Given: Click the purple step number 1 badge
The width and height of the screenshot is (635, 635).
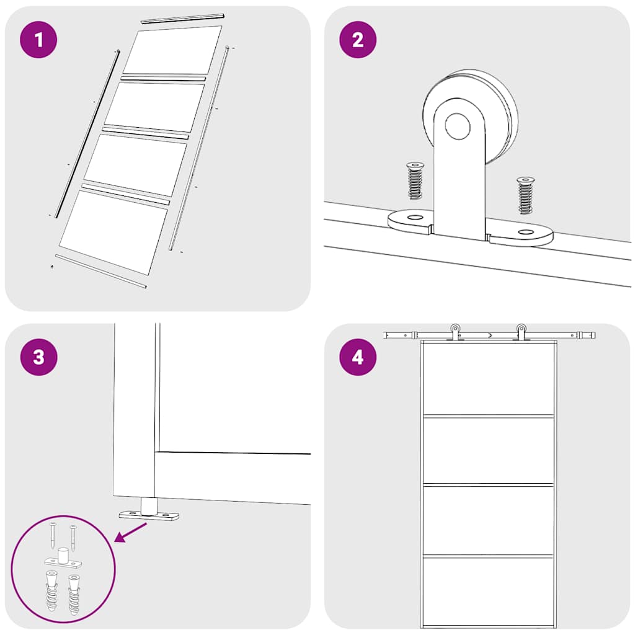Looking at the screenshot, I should pyautogui.click(x=39, y=40).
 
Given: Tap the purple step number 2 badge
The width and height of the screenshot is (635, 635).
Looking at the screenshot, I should pyautogui.click(x=358, y=40).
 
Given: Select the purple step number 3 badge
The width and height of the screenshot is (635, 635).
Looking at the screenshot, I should pyautogui.click(x=39, y=357).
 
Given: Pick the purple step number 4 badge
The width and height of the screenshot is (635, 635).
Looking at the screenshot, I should pyautogui.click(x=358, y=357).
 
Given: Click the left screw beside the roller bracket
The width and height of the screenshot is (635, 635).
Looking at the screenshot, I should pyautogui.click(x=414, y=180).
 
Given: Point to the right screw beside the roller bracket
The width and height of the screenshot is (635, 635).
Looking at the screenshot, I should pyautogui.click(x=525, y=195).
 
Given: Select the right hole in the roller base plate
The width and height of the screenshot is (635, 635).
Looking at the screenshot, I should pyautogui.click(x=526, y=233).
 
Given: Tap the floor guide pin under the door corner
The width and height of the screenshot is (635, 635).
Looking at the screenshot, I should pyautogui.click(x=149, y=506).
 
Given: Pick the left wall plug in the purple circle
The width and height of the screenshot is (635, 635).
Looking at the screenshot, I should pyautogui.click(x=52, y=592).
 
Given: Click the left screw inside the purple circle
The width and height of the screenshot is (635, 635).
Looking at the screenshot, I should pyautogui.click(x=53, y=534).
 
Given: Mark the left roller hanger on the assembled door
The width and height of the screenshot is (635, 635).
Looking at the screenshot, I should pyautogui.click(x=456, y=332).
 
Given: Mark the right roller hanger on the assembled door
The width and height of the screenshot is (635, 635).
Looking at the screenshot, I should pyautogui.click(x=522, y=332).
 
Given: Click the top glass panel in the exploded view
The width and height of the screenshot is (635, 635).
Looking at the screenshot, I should pyautogui.click(x=172, y=50).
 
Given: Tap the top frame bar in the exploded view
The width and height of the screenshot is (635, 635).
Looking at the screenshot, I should pyautogui.click(x=182, y=19).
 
